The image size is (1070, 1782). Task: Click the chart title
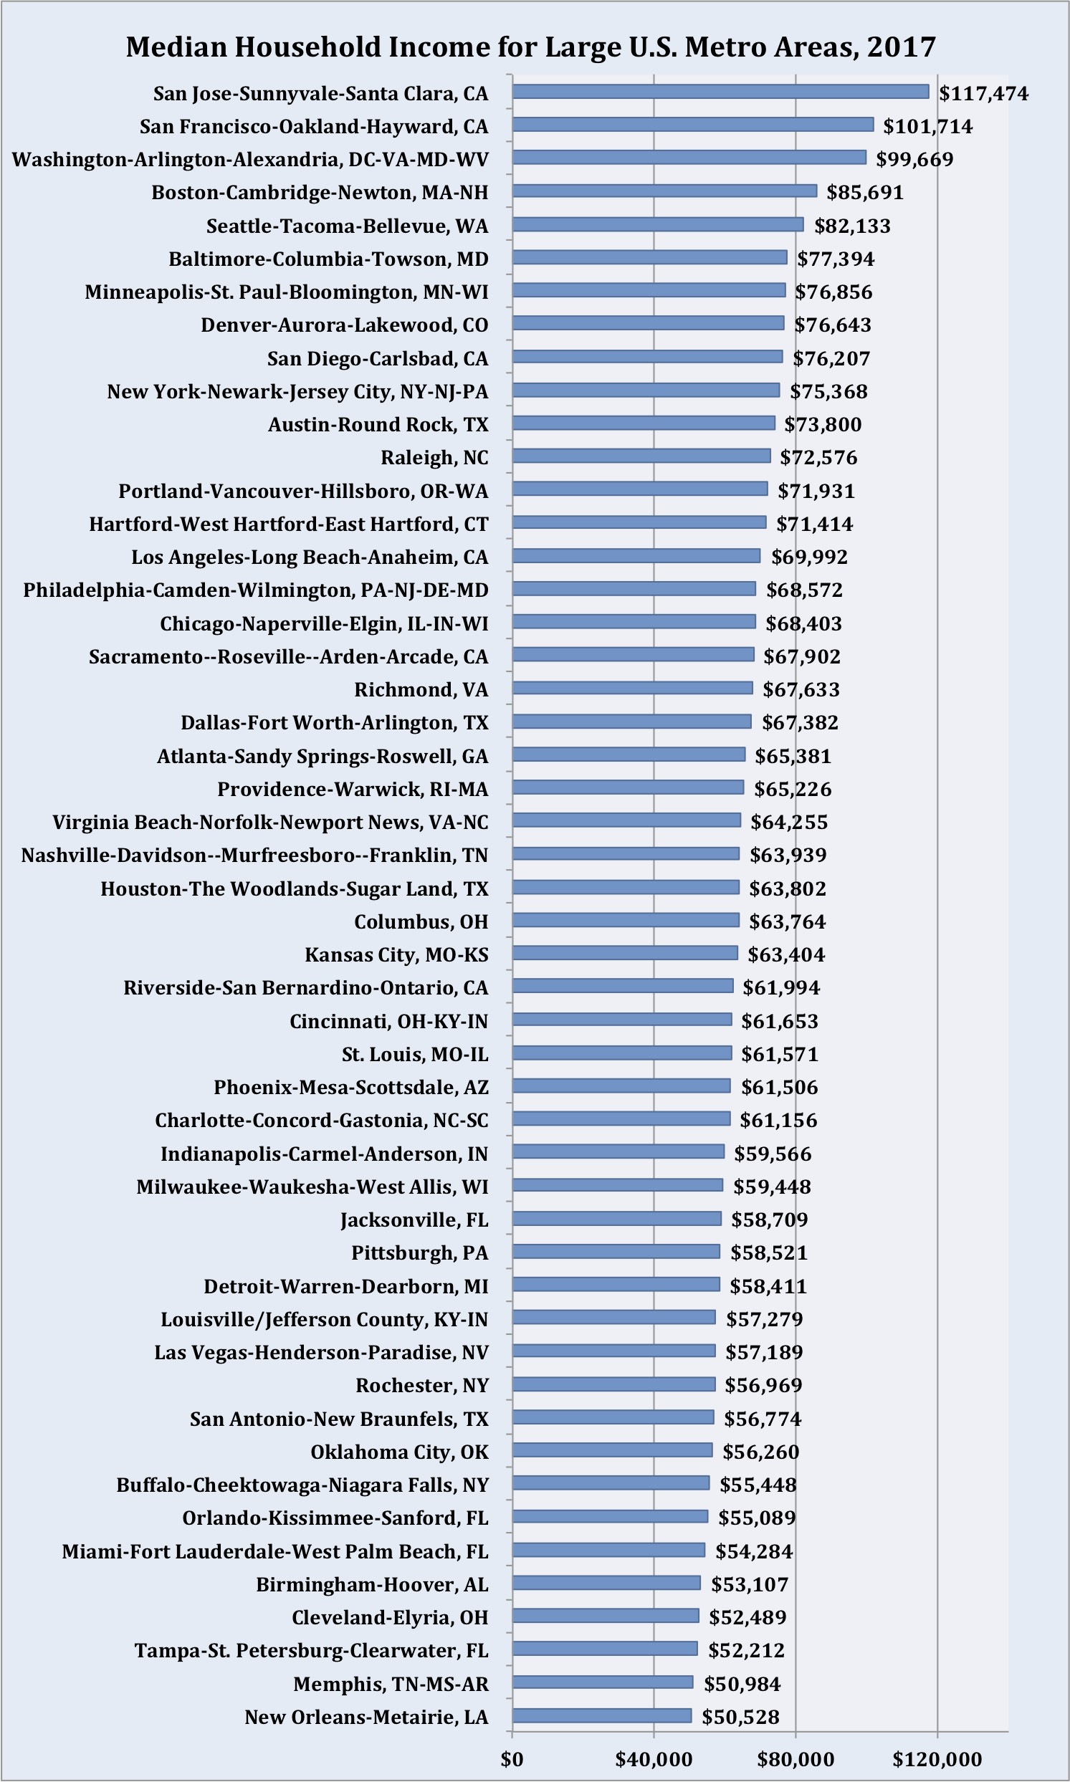[530, 47]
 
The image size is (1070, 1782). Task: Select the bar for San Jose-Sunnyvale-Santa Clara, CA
[720, 92]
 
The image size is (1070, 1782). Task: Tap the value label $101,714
[928, 127]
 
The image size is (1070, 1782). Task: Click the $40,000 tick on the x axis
[653, 1759]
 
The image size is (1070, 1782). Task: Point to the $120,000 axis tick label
[937, 1759]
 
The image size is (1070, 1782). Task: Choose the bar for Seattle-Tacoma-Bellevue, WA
[658, 224]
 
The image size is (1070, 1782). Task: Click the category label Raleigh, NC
[434, 458]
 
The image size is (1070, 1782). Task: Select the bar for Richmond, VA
[632, 688]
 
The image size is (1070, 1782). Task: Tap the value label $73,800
[823, 424]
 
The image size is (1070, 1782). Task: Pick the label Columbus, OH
[421, 922]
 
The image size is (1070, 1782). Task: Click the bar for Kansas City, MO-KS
[625, 953]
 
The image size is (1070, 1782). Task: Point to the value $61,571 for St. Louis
[780, 1054]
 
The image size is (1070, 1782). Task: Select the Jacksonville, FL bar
[616, 1218]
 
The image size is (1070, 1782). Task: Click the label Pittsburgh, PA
[420, 1253]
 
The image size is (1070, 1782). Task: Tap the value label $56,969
[763, 1384]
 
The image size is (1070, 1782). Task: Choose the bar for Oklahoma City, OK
[612, 1450]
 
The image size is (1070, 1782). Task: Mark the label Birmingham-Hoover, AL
[372, 1584]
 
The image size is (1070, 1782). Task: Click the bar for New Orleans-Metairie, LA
[602, 1715]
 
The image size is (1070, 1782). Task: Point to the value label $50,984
[742, 1684]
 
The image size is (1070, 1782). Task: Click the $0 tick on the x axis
[512, 1759]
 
